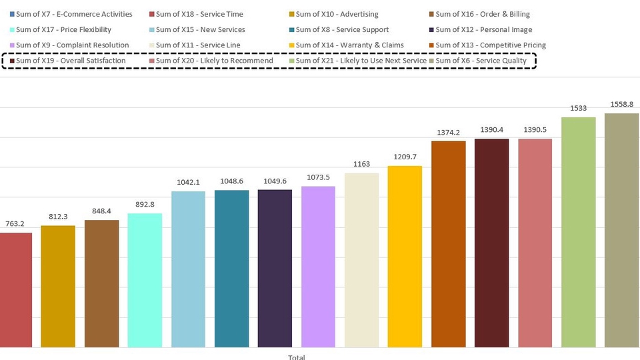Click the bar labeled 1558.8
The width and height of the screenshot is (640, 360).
621,230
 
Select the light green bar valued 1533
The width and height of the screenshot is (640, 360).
578,232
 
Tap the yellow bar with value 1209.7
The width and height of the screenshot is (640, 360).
405,257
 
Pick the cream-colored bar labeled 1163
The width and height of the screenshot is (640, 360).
361,260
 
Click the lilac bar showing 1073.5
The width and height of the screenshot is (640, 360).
318,267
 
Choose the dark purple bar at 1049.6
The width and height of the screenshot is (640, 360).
275,268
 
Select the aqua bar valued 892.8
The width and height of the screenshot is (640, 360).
145,280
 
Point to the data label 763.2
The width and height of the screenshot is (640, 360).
15,225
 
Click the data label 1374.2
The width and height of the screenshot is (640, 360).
448,133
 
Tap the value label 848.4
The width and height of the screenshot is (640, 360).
101,211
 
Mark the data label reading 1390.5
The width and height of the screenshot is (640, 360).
535,130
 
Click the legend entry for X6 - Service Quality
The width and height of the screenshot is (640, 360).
481,61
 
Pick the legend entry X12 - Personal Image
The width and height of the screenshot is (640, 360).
474,30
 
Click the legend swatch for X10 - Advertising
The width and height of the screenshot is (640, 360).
291,15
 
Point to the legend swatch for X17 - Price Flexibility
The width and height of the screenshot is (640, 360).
11,30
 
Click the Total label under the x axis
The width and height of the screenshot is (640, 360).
297,357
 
